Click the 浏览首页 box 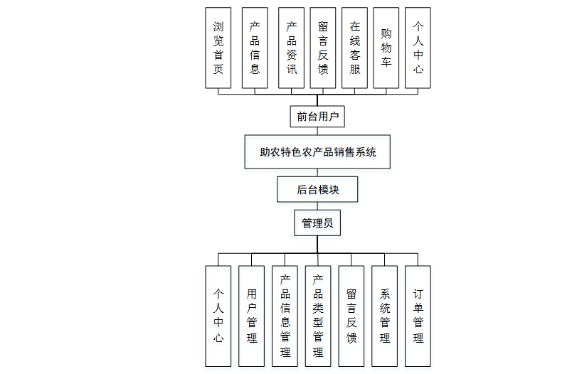(x=218, y=48)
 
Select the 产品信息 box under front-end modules (x=255, y=48)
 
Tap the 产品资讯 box (x=291, y=48)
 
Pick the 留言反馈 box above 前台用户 (x=323, y=48)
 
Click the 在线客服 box (x=354, y=48)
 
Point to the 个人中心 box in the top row (x=418, y=48)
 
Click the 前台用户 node (x=317, y=116)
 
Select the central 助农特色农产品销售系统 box (x=317, y=152)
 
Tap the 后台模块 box (x=317, y=190)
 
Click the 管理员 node (x=317, y=223)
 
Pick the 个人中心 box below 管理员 (x=218, y=316)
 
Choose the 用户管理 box (x=252, y=316)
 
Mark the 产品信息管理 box (x=285, y=316)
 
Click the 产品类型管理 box (x=318, y=316)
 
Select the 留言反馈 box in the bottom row (x=351, y=316)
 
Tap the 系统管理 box (x=385, y=316)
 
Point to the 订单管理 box (x=418, y=316)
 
